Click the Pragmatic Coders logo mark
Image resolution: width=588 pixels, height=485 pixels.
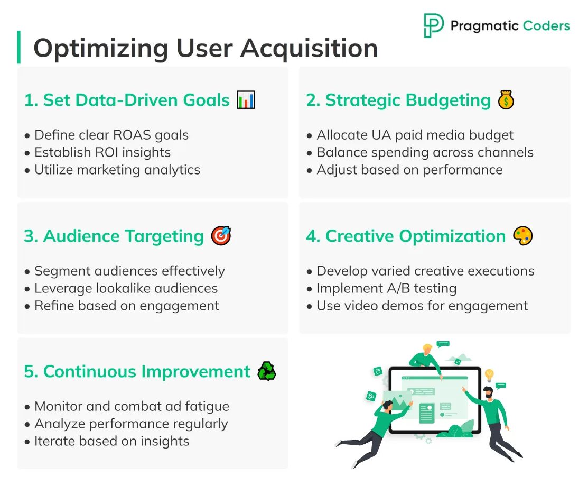(x=434, y=25)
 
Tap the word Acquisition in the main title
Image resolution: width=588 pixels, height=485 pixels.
(x=309, y=49)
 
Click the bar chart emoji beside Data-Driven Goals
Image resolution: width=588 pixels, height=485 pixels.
(x=246, y=100)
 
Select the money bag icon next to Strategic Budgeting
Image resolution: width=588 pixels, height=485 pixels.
(x=506, y=100)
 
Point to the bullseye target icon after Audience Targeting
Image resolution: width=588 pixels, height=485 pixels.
(x=221, y=236)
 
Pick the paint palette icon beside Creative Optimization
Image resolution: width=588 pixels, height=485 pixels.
(x=523, y=236)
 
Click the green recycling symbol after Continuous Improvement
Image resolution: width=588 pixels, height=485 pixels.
(x=266, y=372)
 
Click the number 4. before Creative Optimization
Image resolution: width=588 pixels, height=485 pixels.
(x=313, y=236)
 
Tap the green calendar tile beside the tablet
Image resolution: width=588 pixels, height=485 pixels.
(x=378, y=371)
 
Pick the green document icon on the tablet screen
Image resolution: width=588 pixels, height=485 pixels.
(x=426, y=413)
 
